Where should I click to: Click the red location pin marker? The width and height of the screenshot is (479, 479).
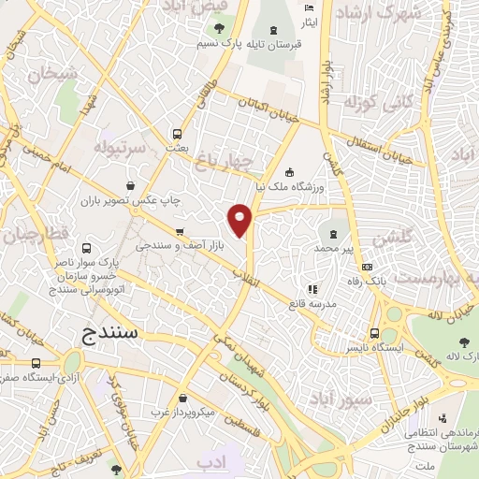(239, 219)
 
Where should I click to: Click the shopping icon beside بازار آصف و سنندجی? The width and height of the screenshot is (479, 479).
(180, 231)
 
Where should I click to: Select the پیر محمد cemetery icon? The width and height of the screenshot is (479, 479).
(333, 230)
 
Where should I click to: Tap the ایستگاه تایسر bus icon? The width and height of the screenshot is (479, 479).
(375, 332)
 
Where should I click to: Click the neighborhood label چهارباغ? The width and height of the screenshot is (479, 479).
(225, 164)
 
